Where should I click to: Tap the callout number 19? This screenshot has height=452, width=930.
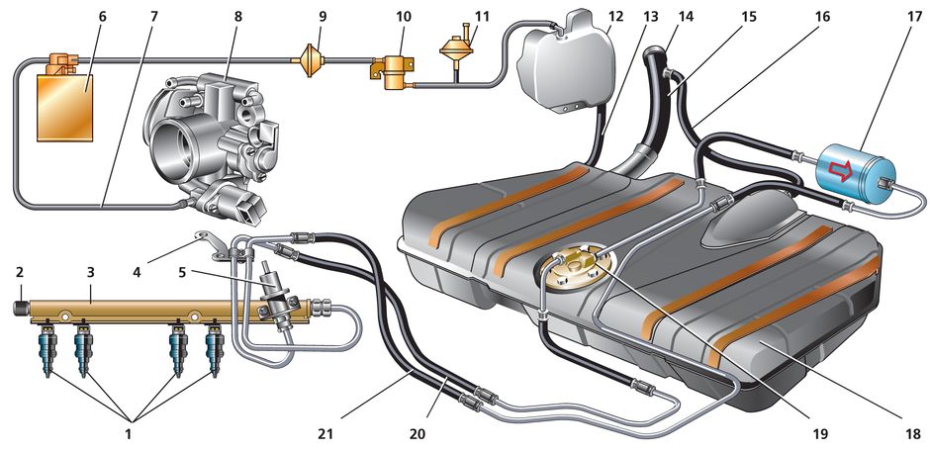click(818, 433)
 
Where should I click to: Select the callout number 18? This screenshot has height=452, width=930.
click(913, 433)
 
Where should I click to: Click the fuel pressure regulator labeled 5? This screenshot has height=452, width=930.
click(276, 287)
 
